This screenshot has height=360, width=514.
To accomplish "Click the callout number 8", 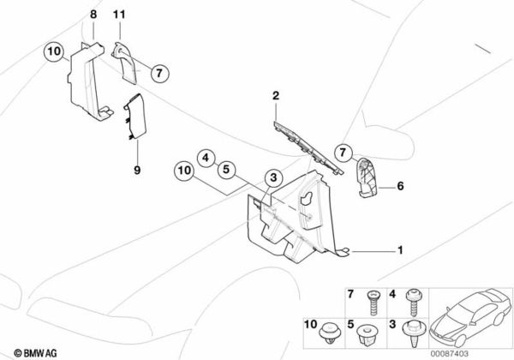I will (x=93, y=15).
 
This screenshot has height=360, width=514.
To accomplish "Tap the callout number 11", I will (x=119, y=15).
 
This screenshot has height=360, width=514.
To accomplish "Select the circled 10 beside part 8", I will (x=53, y=52).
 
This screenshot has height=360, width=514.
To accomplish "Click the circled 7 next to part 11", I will (x=157, y=73).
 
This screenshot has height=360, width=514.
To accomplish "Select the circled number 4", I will (x=206, y=157).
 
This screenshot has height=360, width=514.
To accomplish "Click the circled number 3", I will (x=272, y=178).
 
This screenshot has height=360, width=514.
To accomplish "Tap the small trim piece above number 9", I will (x=135, y=117).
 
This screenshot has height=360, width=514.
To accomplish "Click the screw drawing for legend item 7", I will (x=374, y=301).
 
